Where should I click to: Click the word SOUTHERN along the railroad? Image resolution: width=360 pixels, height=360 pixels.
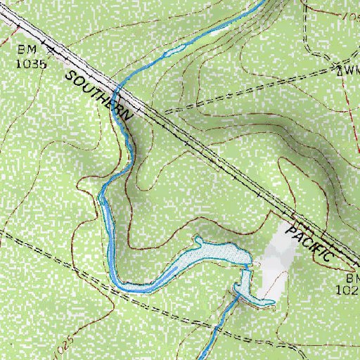[98, 94]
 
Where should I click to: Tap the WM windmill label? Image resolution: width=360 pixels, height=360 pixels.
[350, 71]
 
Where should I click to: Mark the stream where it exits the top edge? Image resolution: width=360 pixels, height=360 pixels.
[264, 2]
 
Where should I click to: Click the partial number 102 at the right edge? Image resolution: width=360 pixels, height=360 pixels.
[351, 288]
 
